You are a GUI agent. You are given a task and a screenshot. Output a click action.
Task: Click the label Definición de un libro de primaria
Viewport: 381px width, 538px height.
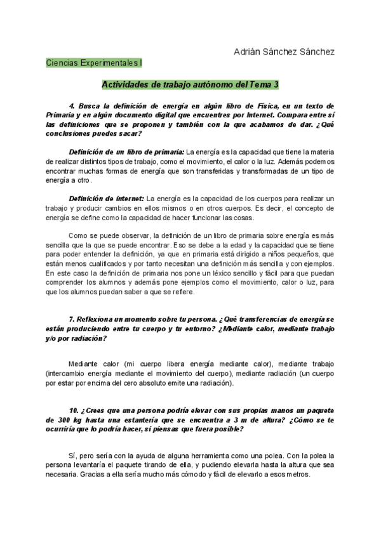(126, 152)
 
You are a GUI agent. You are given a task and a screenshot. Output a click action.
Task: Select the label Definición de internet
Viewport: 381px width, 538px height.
(107, 199)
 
